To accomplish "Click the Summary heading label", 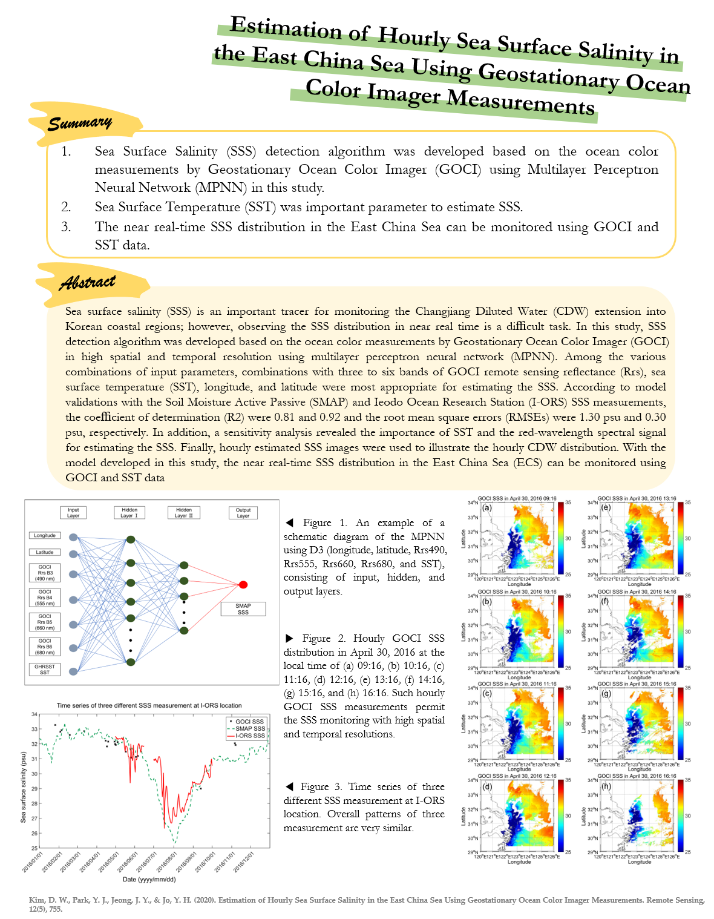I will [80, 123].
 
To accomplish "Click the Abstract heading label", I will [87, 283].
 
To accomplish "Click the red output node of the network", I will [243, 584].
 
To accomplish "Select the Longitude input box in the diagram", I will [45, 536].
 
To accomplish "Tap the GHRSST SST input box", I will [45, 670].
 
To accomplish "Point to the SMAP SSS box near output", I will [243, 609].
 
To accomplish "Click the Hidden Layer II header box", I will [183, 513].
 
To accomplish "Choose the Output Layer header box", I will [243, 513].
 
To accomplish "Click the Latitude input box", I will [45, 552].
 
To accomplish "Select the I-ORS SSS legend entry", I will [250, 736].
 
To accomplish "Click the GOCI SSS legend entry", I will [249, 722].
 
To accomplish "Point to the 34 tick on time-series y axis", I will [34, 714].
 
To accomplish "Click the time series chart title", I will [149, 705].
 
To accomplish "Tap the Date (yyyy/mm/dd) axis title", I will [149, 880].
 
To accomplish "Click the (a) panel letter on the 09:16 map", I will [487, 508].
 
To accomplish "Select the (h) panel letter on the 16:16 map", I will [606, 786].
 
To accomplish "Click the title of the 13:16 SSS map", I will [637, 499].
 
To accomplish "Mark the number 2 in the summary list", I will [66, 207].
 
